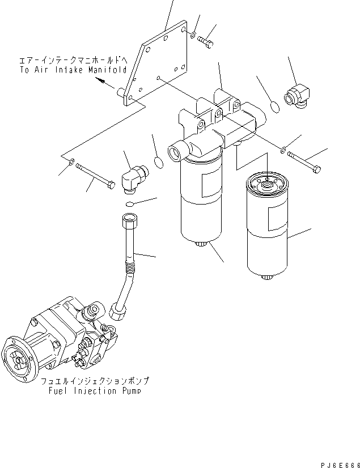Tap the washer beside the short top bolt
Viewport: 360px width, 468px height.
193,37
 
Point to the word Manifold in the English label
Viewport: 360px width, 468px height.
108,70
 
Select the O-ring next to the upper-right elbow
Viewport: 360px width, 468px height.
273,107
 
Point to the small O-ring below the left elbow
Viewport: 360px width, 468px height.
130,204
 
